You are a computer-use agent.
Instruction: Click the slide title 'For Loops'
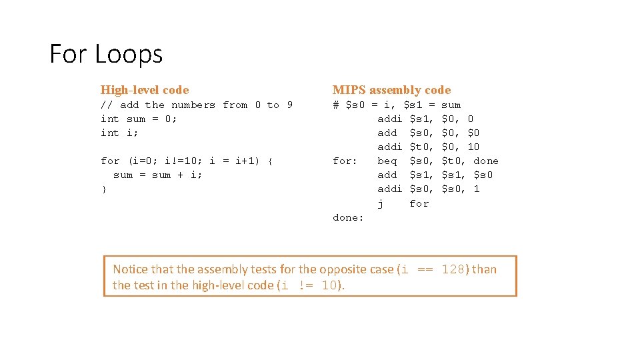tap(106, 54)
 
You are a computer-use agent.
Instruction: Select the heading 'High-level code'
tap(145, 90)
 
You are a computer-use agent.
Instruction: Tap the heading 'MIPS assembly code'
tap(391, 90)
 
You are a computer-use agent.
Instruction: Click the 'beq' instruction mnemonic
tap(387, 161)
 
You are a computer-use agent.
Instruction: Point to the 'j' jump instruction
tap(381, 203)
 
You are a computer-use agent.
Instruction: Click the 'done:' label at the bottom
tap(348, 218)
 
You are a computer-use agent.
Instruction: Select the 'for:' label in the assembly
tap(345, 161)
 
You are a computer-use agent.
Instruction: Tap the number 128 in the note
tap(457, 269)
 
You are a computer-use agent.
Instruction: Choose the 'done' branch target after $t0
tap(486, 161)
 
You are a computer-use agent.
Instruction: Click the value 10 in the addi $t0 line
tap(473, 147)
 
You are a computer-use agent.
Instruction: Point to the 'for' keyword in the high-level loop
tap(110, 161)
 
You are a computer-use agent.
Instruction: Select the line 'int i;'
tap(119, 133)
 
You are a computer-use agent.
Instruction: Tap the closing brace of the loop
tap(103, 189)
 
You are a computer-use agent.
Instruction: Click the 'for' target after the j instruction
tap(419, 203)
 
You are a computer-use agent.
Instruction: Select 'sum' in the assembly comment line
tap(451, 105)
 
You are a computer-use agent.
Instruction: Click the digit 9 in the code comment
tap(289, 105)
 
